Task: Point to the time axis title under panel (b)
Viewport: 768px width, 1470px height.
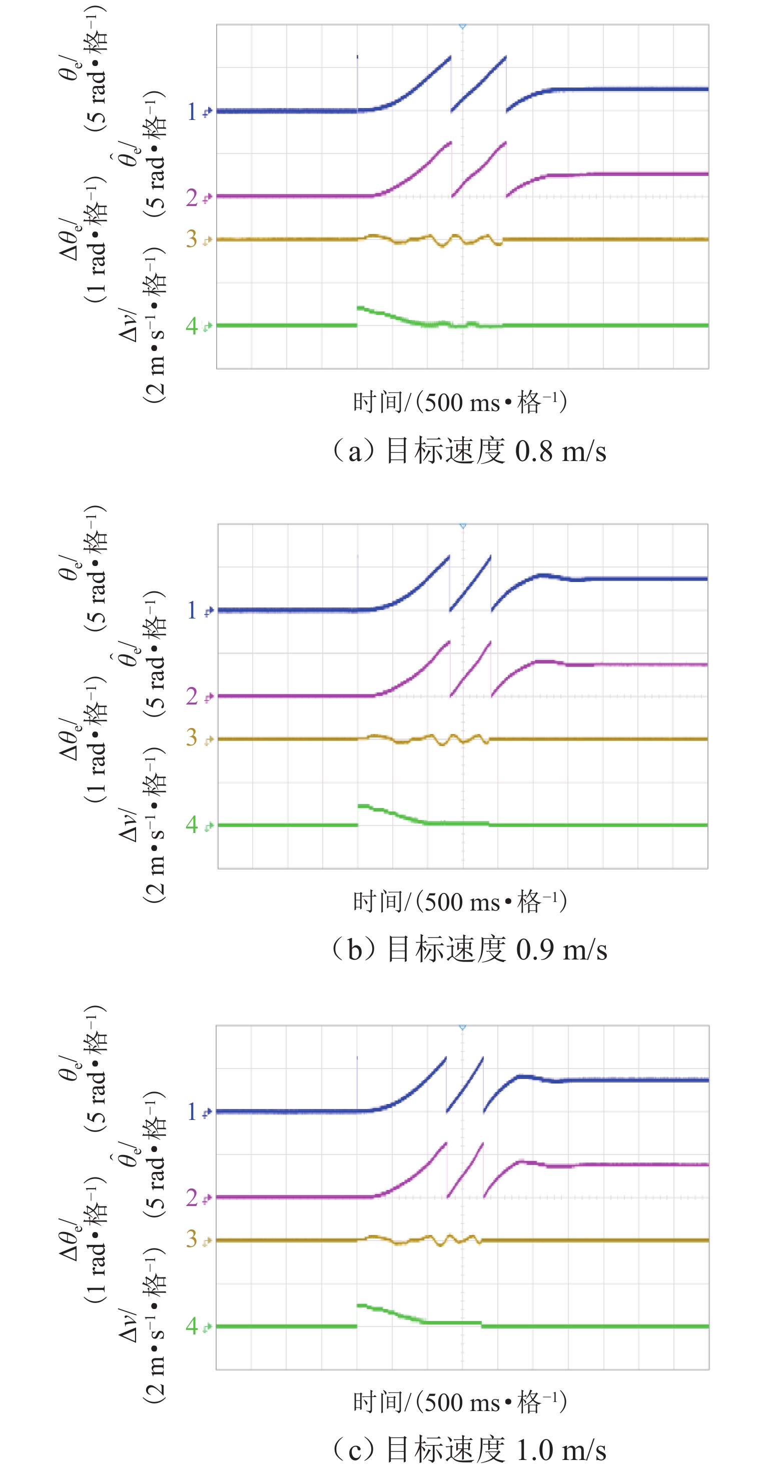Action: point(460,901)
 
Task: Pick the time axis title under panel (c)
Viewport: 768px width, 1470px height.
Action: point(460,1401)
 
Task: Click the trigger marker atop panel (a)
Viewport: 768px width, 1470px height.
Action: point(462,26)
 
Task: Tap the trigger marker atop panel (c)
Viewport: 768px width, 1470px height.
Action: point(462,1027)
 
